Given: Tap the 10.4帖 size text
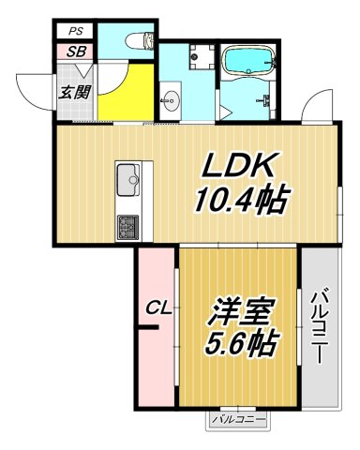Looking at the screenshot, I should point(240,200).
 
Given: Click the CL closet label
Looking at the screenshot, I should point(157,307).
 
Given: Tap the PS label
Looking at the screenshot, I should point(74,31).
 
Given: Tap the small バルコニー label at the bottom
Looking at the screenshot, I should point(237,419).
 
